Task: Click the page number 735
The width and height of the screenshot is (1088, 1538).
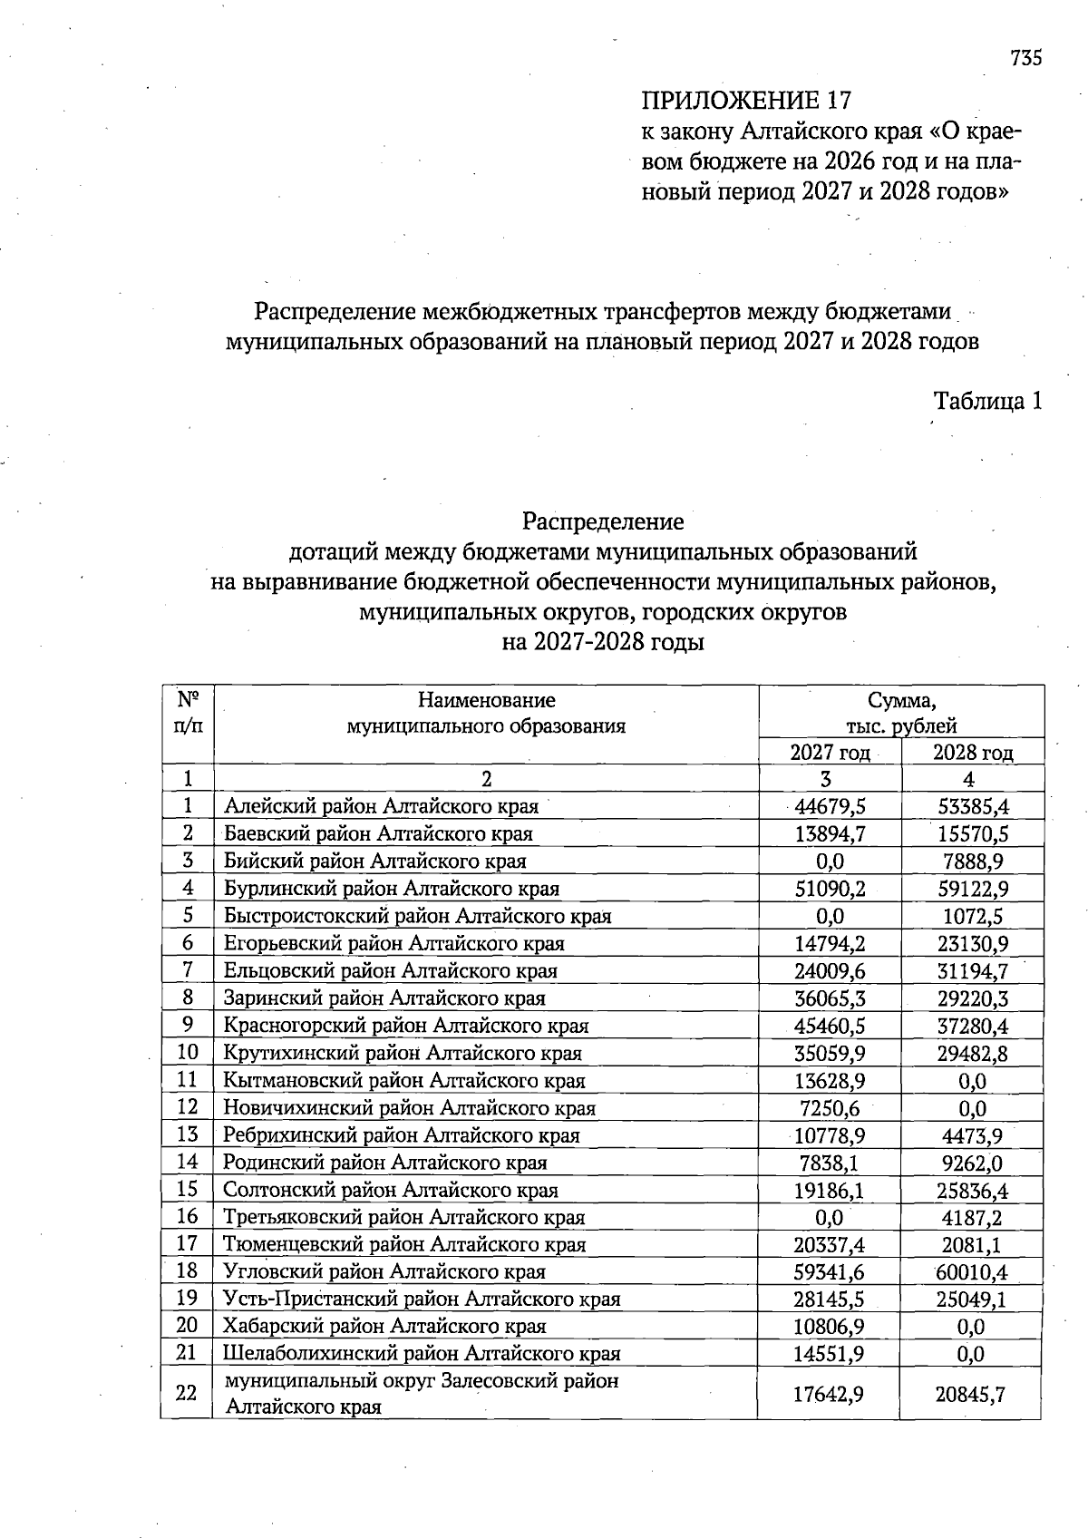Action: tap(1026, 58)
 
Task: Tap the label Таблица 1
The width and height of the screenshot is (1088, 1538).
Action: tap(988, 401)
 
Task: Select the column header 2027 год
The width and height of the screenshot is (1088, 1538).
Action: tap(830, 752)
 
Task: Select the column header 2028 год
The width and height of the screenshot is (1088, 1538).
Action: tap(973, 752)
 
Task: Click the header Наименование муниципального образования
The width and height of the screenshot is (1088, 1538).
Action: tap(486, 713)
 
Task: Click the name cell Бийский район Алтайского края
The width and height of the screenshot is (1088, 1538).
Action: tap(375, 861)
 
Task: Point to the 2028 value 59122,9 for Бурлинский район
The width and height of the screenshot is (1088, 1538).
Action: tap(973, 889)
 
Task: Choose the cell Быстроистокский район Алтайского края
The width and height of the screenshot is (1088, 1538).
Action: tap(418, 916)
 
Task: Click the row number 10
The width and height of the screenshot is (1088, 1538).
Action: tap(187, 1053)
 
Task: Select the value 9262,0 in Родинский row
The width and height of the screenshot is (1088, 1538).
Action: tap(973, 1163)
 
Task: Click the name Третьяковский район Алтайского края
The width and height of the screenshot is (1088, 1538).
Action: tap(404, 1217)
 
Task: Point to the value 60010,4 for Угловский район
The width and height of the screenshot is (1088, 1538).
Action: tap(973, 1271)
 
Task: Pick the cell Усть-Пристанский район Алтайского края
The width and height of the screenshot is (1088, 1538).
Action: tap(423, 1299)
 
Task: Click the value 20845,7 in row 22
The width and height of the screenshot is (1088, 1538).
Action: tap(970, 1394)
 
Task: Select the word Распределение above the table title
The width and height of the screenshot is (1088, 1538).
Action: tap(603, 521)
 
